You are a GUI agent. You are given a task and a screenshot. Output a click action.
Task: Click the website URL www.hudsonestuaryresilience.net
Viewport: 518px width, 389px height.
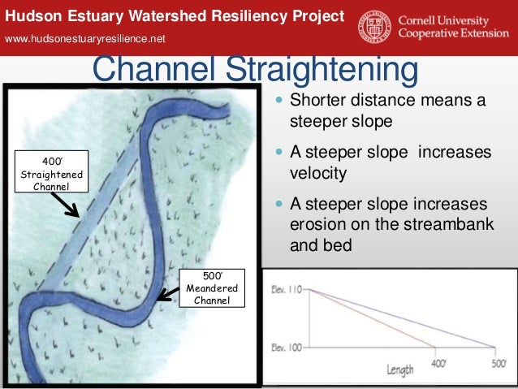[85, 39]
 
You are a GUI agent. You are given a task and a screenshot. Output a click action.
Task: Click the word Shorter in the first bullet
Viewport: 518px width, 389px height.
[317, 102]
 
